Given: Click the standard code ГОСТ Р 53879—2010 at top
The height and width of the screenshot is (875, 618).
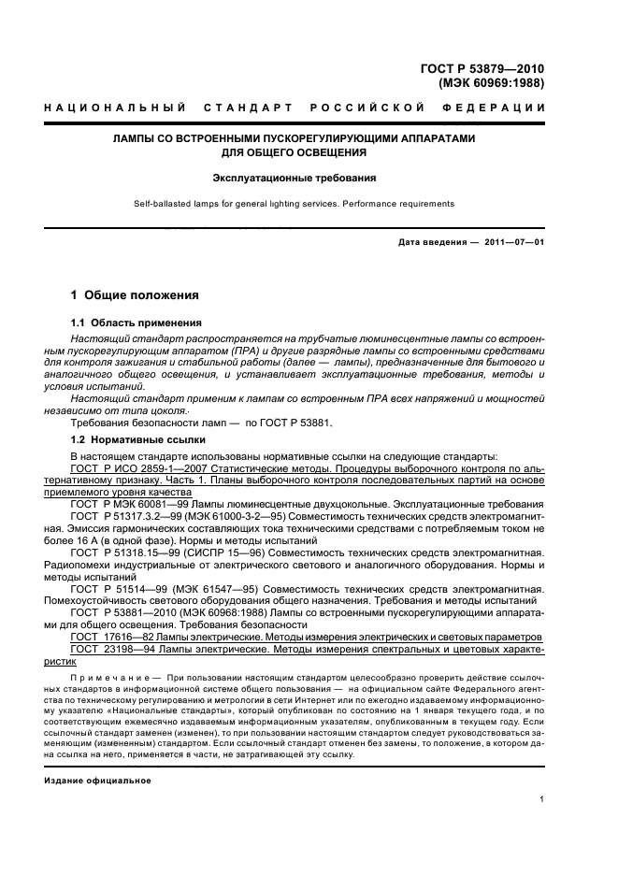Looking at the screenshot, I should tap(485, 68).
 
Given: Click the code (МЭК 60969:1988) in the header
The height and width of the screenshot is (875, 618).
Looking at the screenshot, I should tap(491, 82).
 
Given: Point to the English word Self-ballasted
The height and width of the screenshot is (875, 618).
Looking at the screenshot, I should tap(163, 203).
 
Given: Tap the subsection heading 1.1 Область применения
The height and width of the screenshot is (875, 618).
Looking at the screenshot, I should tap(131, 323).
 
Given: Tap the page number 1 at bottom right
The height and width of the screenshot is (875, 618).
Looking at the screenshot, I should tap(542, 798).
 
